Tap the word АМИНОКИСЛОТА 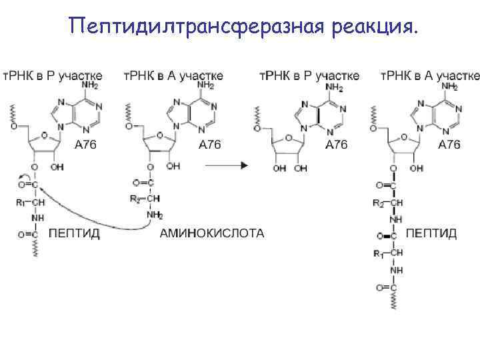212,233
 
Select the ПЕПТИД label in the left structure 74,234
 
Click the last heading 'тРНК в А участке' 430,75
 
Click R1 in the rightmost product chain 379,253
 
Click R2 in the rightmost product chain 379,202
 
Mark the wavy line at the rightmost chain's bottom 395,300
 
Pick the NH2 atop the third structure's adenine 333,87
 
